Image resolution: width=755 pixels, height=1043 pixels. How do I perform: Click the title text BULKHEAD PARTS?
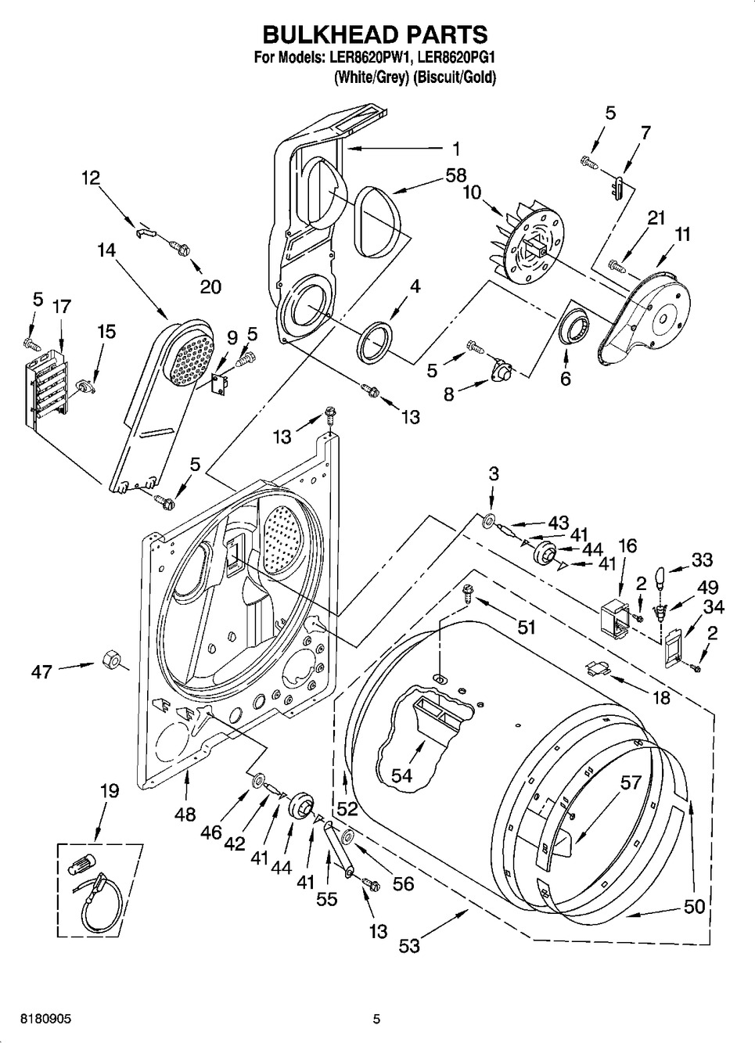point(375,34)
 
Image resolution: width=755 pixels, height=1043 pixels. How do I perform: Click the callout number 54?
point(401,775)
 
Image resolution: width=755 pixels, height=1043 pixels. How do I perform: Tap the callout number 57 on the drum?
point(631,782)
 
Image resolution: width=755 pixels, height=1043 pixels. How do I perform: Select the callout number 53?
point(408,946)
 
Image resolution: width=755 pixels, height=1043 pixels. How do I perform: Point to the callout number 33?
point(702,560)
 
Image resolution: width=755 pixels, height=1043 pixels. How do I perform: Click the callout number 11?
point(682,234)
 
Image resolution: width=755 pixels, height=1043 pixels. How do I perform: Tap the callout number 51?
point(526,626)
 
